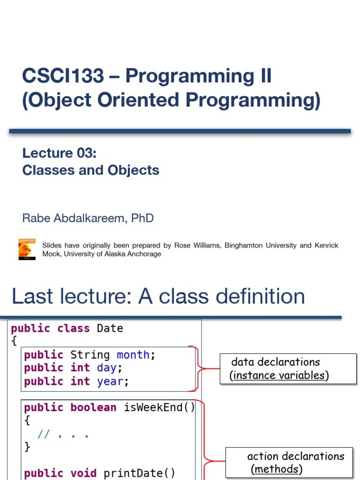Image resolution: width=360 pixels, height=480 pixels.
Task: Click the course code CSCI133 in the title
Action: (63, 76)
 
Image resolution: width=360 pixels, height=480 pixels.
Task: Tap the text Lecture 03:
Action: (59, 153)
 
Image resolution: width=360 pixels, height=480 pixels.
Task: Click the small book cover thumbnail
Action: (27, 249)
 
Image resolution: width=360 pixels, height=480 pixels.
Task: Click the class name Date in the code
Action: (110, 328)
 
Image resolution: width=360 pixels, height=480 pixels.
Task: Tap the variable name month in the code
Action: (133, 355)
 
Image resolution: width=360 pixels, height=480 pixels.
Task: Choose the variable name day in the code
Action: (106, 368)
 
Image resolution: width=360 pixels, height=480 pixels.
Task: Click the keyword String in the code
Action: (90, 355)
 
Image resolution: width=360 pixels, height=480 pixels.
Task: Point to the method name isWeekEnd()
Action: (159, 407)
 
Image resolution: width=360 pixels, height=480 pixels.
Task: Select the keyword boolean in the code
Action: (93, 407)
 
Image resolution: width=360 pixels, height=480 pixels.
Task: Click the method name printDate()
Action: (139, 473)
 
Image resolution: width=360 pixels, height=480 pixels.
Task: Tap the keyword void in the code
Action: (83, 473)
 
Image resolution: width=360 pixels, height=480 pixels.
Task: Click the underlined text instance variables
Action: (280, 375)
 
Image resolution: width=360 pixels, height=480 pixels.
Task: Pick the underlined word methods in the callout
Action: (276, 469)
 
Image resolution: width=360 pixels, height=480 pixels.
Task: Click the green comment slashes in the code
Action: (43, 434)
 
